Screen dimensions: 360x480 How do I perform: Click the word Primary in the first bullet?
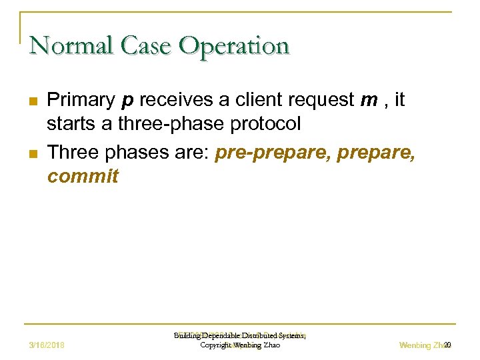(x=81, y=101)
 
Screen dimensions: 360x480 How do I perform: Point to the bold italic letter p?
(x=127, y=102)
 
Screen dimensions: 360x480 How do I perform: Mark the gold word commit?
(x=83, y=177)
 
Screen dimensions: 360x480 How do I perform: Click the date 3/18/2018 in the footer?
(x=52, y=345)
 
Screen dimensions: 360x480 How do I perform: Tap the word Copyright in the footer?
(x=216, y=345)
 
